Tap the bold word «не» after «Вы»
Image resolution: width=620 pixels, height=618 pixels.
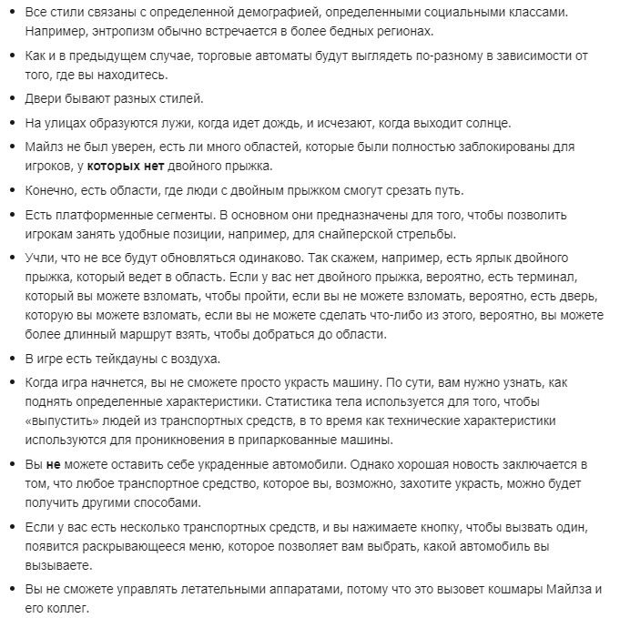coord(53,464)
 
